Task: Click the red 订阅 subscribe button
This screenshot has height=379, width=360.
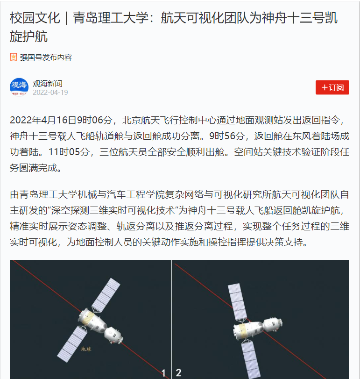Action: point(332,87)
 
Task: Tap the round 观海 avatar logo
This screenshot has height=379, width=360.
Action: point(19,87)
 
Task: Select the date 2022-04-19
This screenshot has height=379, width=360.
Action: point(50,93)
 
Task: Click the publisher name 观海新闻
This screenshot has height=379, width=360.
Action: point(48,84)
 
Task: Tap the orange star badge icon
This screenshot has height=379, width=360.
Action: point(14,57)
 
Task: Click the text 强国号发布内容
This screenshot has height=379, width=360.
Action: point(46,57)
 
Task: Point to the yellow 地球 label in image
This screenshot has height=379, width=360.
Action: point(86,349)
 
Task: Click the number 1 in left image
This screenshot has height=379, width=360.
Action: point(163,373)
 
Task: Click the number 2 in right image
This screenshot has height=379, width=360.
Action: point(178,372)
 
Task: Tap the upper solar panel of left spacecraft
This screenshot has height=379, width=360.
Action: point(106,294)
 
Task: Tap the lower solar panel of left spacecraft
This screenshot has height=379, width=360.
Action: point(72,343)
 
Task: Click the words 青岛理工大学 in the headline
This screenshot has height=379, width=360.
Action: point(111,18)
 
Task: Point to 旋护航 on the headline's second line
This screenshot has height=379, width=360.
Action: point(29,36)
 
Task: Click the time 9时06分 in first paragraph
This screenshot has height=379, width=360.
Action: point(94,120)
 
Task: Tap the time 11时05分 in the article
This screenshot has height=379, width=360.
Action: point(69,152)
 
